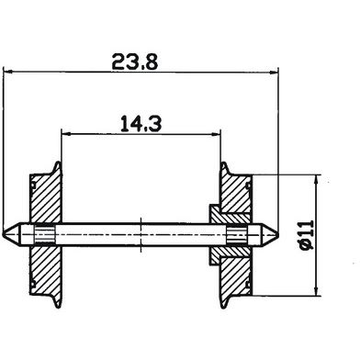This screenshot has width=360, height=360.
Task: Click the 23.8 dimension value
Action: click(135, 62)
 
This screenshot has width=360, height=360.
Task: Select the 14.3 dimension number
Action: click(141, 123)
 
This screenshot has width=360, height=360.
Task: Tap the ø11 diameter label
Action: click(307, 235)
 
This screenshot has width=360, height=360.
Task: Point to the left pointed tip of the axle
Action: click(3, 234)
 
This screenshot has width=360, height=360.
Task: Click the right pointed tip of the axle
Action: click(278, 235)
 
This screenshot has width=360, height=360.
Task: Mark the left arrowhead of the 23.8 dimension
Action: click(7, 72)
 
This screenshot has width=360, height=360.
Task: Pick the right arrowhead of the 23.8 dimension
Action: click(274, 73)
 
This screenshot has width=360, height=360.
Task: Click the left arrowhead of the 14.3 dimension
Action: click(66, 133)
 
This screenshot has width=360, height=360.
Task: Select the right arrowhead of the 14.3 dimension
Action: click(216, 134)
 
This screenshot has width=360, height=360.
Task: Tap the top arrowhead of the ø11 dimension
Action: click(318, 179)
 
